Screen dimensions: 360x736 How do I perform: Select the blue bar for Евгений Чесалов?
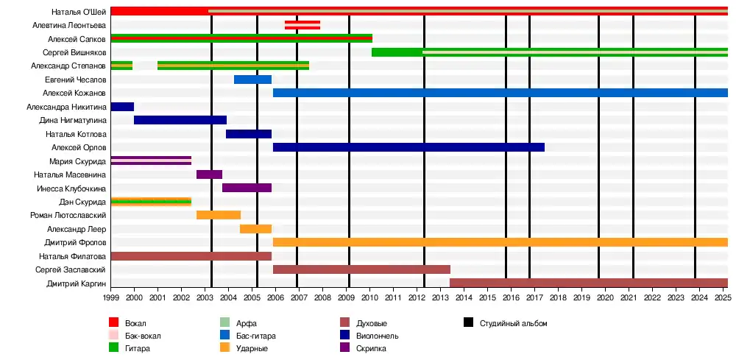[x=252, y=80]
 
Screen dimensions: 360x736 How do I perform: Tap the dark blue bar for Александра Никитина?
[x=122, y=107]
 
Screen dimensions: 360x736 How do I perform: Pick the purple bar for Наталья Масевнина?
[x=209, y=174]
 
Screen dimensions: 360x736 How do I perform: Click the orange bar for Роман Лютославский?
[x=219, y=215]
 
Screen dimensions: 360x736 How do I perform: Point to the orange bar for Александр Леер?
[x=255, y=229]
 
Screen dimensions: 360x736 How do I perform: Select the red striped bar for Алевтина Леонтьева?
[x=302, y=25]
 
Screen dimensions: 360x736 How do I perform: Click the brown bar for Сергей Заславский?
[x=361, y=269]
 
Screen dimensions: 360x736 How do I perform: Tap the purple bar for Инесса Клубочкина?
[x=247, y=188]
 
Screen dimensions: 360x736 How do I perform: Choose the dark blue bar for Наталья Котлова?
[x=249, y=134]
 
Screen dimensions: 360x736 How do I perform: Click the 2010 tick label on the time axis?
[x=369, y=297]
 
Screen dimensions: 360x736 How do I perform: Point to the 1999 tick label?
[x=111, y=297]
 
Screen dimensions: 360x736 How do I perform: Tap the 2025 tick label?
[x=722, y=297]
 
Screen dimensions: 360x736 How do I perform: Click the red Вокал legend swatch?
[x=113, y=323]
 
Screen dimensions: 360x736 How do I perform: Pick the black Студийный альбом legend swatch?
[x=468, y=323]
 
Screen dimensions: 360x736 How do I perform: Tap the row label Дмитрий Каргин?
[x=77, y=283]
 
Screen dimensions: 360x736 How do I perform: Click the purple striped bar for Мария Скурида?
[x=151, y=160]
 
